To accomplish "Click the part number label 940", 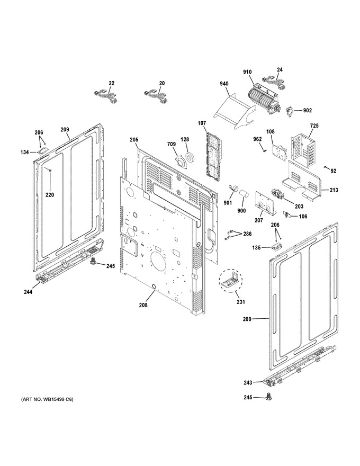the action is (x=224, y=84).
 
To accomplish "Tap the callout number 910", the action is (x=247, y=71).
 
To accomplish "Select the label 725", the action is (x=314, y=126).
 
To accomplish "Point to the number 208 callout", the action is (x=143, y=305).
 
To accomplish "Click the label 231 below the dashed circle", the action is (x=241, y=302).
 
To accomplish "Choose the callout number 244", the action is (x=28, y=292).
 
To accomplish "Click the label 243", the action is (x=248, y=382).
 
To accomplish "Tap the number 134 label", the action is (x=25, y=152).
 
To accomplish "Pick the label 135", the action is (x=256, y=247).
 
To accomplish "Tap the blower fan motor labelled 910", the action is (x=264, y=100).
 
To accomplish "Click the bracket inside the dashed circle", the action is (x=230, y=280).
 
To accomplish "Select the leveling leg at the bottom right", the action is (x=269, y=396).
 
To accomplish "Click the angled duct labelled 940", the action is (x=235, y=111).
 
